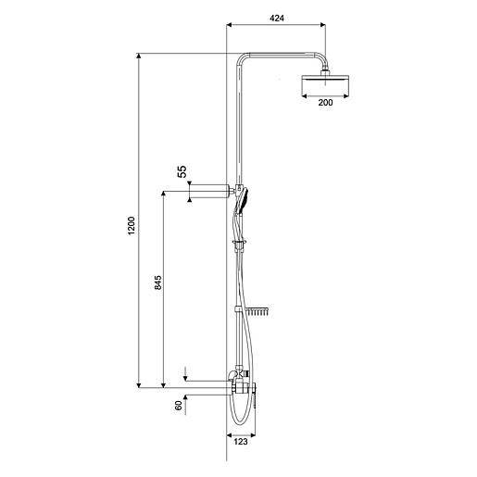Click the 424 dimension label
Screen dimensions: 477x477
[x=277, y=19]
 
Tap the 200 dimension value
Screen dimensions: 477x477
[x=325, y=103]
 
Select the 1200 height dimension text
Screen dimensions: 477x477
[x=132, y=226]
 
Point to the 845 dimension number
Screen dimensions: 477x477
[x=157, y=282]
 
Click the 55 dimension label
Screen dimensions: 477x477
[x=182, y=171]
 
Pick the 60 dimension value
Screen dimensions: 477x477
[x=179, y=406]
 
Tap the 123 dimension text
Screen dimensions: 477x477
[x=241, y=442]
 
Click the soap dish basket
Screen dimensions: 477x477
[x=257, y=311]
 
